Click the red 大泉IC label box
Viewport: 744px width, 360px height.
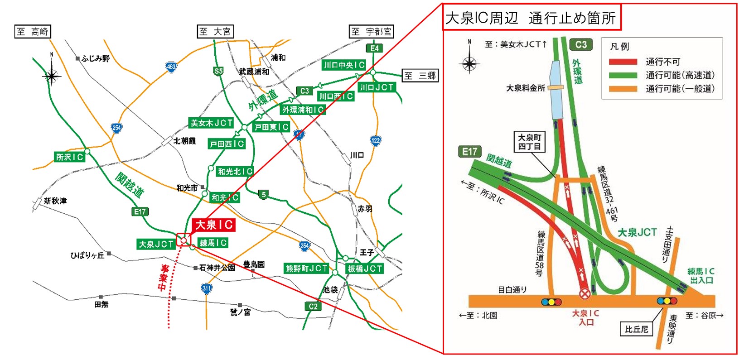pyautogui.click(x=214, y=225)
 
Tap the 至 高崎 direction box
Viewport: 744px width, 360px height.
pyautogui.click(x=33, y=31)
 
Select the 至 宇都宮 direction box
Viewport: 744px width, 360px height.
pyautogui.click(x=371, y=31)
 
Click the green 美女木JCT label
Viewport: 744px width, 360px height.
pyautogui.click(x=211, y=123)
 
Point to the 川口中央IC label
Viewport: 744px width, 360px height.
pyautogui.click(x=344, y=65)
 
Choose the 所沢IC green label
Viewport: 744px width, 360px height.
pyautogui.click(x=70, y=157)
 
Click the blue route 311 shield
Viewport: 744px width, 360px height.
pyautogui.click(x=207, y=288)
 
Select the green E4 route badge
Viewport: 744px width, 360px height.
pyautogui.click(x=374, y=48)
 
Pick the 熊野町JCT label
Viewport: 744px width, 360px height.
pyautogui.click(x=307, y=268)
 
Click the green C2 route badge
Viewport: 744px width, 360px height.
pyautogui.click(x=313, y=306)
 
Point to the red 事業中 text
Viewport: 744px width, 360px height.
pyautogui.click(x=163, y=278)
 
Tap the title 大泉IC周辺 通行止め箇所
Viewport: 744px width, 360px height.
pyautogui.click(x=531, y=18)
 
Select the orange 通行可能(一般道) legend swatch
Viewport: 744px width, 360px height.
pyautogui.click(x=623, y=89)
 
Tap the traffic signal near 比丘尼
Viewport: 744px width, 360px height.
pyautogui.click(x=667, y=301)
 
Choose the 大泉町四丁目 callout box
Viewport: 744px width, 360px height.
pyautogui.click(x=529, y=142)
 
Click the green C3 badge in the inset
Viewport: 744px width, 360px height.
pyautogui.click(x=581, y=44)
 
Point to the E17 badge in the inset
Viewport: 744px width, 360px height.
pyautogui.click(x=470, y=152)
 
